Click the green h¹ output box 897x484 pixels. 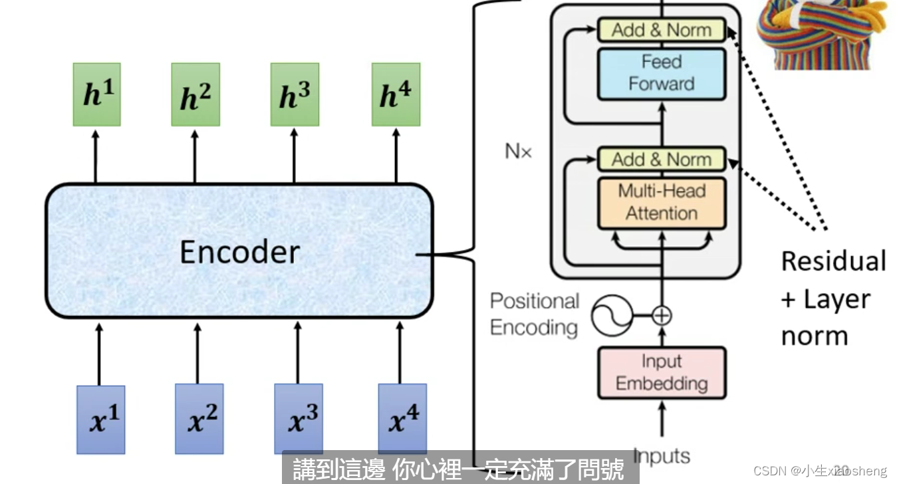(96, 94)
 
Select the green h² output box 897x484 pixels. (195, 94)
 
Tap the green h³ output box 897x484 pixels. (295, 94)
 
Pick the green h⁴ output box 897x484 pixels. (396, 94)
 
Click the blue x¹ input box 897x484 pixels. (100, 420)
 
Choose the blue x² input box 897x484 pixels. (199, 418)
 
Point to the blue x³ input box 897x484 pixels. (299, 418)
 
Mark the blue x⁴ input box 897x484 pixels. (402, 418)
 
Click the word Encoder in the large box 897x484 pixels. (239, 253)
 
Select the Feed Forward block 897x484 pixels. (661, 73)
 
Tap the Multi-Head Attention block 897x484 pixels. (661, 202)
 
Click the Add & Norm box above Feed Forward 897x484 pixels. (661, 30)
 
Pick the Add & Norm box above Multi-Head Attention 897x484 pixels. (661, 160)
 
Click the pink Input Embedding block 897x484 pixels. (661, 372)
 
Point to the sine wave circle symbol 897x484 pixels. (610, 314)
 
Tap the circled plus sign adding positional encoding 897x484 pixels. (662, 314)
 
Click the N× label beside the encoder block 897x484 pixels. (519, 152)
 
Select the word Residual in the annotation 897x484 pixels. (833, 261)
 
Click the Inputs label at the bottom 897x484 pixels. (662, 455)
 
